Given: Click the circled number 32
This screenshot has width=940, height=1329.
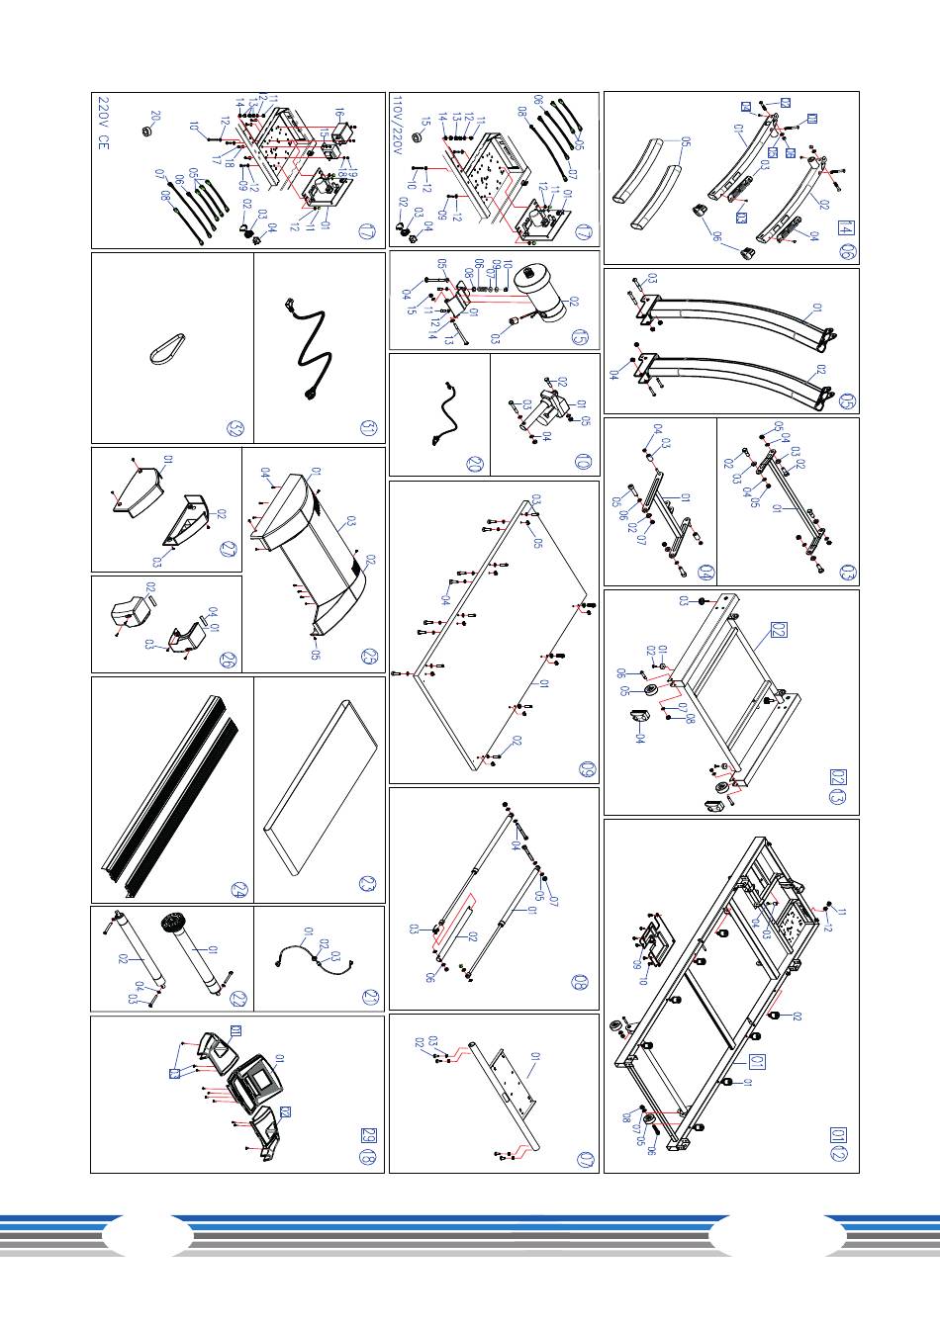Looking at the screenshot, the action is point(235,428).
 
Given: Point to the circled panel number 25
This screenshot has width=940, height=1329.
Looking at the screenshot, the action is point(369,656).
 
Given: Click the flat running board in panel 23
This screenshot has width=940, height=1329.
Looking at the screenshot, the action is point(320,786).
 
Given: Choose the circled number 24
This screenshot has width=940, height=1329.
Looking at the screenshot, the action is point(237,888).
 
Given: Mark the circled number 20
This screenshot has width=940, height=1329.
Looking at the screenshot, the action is point(475,463).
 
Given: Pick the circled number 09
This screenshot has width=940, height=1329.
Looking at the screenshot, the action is point(585,769).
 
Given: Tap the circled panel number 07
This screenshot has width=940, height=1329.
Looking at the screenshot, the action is point(585,1161).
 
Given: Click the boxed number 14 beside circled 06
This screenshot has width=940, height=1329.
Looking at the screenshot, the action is point(845,227).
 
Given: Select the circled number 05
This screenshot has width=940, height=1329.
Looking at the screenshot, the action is point(847,401).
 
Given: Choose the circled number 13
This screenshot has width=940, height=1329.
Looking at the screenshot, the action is point(838,796).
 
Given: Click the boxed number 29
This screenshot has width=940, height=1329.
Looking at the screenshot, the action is point(369,1134).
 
